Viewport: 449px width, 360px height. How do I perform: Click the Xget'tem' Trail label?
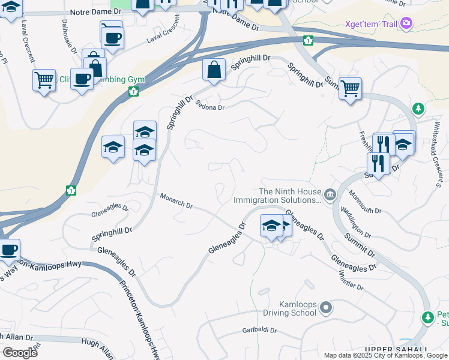click(x=372, y=24)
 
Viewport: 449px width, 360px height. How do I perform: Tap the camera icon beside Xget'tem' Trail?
click(x=407, y=23)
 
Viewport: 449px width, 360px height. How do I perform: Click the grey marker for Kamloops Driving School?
click(x=326, y=308)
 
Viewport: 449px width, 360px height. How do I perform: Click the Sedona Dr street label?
click(x=209, y=105)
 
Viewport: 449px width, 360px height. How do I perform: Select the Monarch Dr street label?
click(x=176, y=201)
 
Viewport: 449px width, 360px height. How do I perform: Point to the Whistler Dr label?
click(x=352, y=280)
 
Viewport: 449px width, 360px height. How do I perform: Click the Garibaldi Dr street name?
click(x=259, y=330)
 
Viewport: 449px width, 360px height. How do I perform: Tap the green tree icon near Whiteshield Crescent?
click(x=418, y=109)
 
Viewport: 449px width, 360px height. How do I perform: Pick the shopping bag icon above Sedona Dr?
click(x=214, y=70)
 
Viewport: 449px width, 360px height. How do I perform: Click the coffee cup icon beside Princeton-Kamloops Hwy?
click(x=8, y=250)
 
